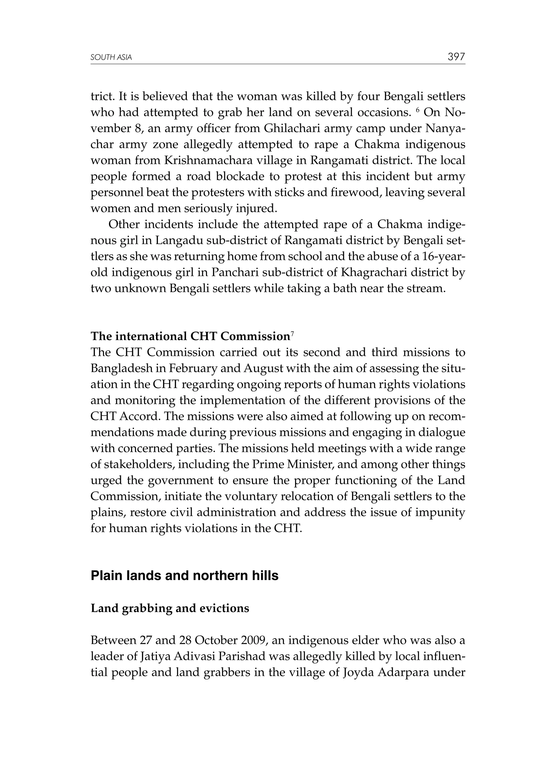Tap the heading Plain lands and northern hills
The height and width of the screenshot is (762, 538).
pyautogui.click(x=184, y=576)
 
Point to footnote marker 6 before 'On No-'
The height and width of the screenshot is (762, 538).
pyautogui.click(x=416, y=110)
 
